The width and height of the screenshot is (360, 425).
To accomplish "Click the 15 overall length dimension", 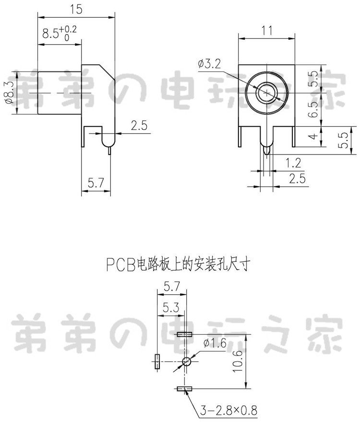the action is point(76,10).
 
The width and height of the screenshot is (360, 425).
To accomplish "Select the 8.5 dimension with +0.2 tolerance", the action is point(60,33).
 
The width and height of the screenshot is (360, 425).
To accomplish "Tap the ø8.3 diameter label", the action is point(9,93).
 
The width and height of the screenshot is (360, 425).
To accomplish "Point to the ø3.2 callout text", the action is point(209,64).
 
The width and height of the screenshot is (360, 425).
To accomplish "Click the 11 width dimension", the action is point(267,30).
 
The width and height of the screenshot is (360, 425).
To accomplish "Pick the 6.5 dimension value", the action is point(313,109).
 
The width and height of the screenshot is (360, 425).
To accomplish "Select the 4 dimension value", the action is point(313,136).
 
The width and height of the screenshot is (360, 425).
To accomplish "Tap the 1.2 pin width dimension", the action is point(293,163).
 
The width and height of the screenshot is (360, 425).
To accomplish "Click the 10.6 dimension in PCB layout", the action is point(237,361).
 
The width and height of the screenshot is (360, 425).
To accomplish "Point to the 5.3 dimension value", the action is point(171,307).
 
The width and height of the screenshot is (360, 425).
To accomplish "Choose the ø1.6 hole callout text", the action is point(215,343).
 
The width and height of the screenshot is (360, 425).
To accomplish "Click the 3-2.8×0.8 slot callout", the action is point(228,410).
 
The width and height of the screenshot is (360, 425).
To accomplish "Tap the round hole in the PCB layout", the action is point(186,361).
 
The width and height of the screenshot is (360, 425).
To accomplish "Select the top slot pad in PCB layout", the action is point(184,334).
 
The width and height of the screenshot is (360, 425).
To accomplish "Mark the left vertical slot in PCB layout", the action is point(157,361).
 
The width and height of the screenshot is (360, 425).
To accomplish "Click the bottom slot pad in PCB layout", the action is point(184,389).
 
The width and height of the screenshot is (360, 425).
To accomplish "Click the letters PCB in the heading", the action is point(120,264).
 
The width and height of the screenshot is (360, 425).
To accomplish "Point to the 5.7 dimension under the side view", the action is point(96,183).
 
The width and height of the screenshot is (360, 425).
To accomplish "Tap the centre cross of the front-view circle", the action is point(267,93).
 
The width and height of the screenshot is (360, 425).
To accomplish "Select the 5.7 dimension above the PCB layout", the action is point(172,286).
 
